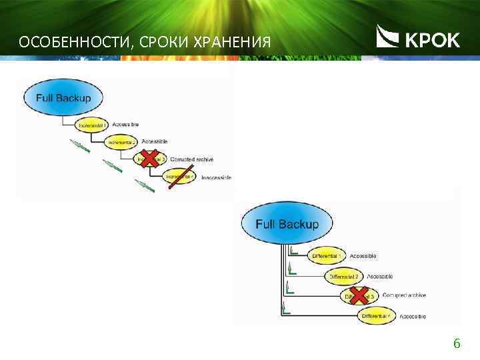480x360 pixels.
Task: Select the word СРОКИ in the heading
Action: pyautogui.click(x=159, y=44)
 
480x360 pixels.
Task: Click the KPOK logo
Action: pyautogui.click(x=418, y=37)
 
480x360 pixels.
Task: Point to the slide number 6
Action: pyautogui.click(x=457, y=344)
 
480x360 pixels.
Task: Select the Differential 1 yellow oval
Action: pyautogui.click(x=327, y=256)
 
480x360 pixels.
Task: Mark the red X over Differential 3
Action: pyautogui.click(x=360, y=295)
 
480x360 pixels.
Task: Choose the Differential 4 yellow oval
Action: pyautogui.click(x=377, y=315)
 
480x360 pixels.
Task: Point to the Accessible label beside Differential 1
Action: pyautogui.click(x=363, y=256)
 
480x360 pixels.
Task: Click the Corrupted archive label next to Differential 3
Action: pyautogui.click(x=404, y=295)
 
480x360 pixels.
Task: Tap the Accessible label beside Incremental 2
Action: pyautogui.click(x=155, y=142)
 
